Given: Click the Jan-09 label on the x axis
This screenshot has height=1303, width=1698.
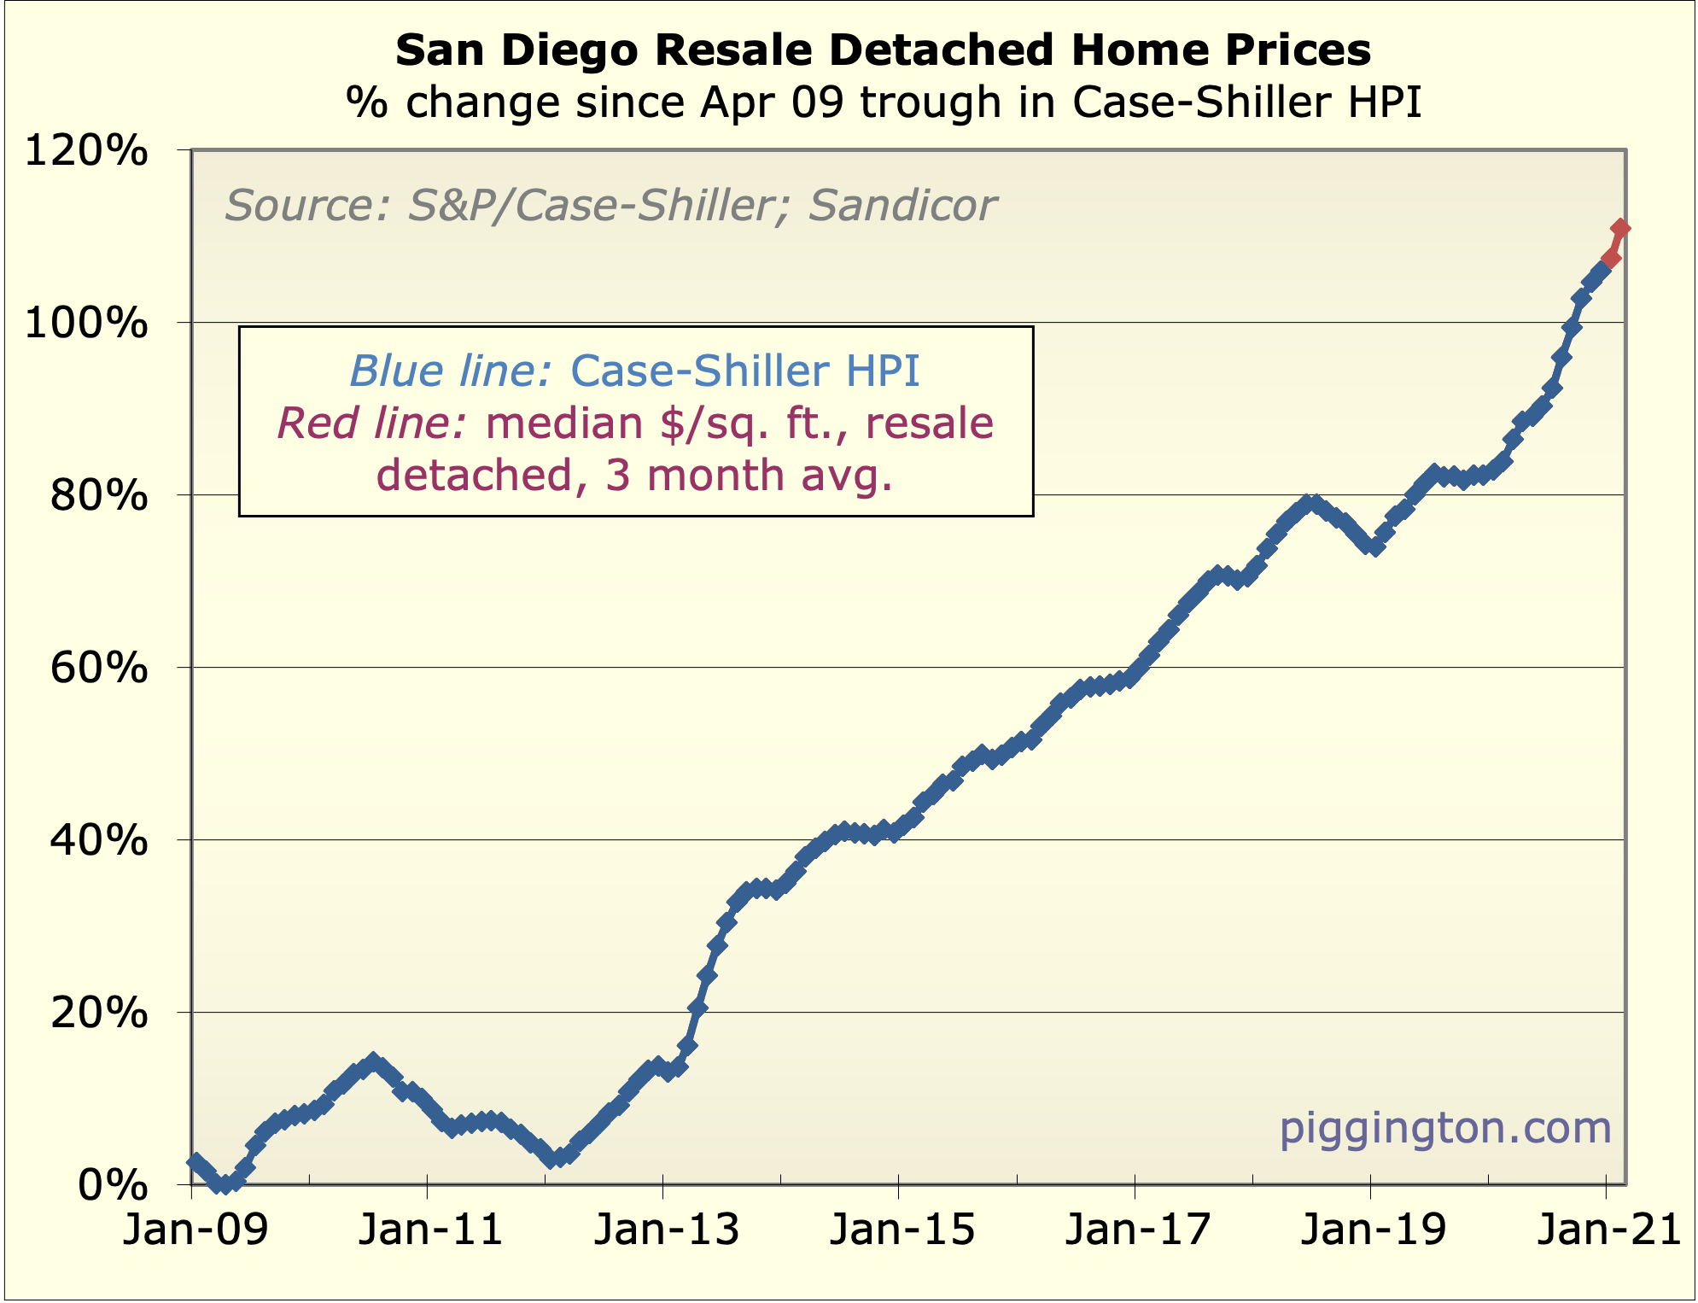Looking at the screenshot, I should tap(195, 1231).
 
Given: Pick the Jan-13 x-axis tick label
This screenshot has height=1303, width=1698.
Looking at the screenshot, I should tap(667, 1231).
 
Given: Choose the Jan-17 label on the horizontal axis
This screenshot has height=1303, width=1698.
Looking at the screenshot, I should tap(1138, 1231).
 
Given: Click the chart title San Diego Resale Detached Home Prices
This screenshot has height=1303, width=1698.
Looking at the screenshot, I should tap(883, 50).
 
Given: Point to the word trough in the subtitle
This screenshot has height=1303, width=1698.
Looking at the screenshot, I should tap(930, 103).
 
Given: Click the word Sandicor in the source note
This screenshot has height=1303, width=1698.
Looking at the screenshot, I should tap(902, 206).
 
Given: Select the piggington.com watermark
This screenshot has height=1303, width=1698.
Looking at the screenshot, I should tap(1444, 1128).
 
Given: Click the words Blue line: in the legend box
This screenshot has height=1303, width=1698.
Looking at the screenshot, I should tap(453, 371).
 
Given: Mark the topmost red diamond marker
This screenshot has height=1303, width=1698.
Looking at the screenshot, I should tap(1619, 228).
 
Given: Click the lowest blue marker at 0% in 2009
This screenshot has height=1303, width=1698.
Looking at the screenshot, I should tap(225, 1184).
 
